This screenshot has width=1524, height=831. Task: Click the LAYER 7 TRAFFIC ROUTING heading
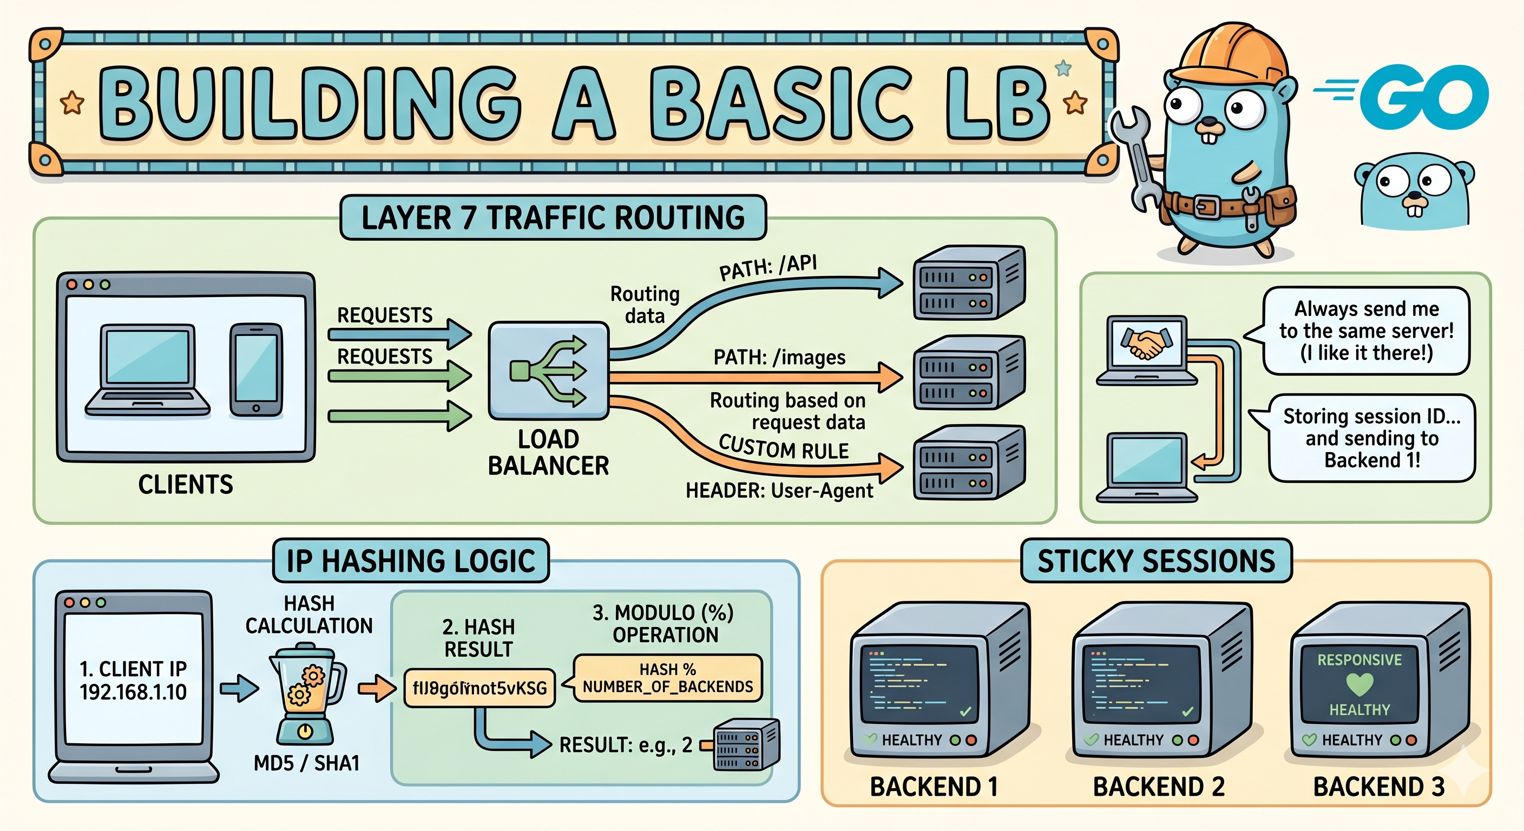[x=553, y=217]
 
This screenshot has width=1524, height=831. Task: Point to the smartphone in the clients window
[x=255, y=370]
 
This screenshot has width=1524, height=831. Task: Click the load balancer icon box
[x=548, y=370]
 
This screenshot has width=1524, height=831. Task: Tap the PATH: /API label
[x=768, y=267]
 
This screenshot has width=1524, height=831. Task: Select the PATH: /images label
[x=779, y=357]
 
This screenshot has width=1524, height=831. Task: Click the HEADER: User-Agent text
[x=779, y=490]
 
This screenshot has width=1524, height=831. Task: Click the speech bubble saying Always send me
[x=1366, y=331]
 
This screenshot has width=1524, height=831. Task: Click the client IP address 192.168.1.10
[x=133, y=692]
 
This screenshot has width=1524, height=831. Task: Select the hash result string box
[x=479, y=688]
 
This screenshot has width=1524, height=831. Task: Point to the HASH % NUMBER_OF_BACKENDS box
[x=667, y=678]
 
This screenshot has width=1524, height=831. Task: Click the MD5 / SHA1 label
[x=306, y=763]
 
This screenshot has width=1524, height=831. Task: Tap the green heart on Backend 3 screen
[x=1359, y=684]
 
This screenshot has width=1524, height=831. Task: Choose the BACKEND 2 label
[x=1158, y=787]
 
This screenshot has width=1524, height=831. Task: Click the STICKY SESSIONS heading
[x=1156, y=560]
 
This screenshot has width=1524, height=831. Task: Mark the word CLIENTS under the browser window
[x=186, y=484]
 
